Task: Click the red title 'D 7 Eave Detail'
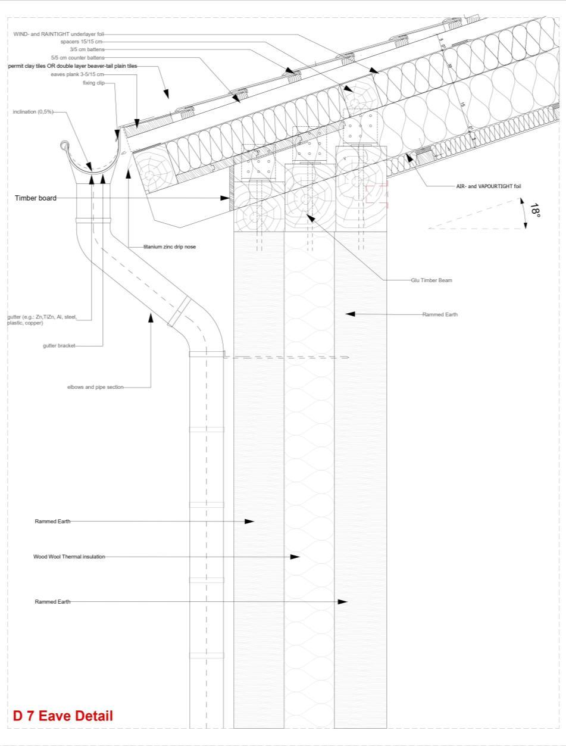tap(62, 716)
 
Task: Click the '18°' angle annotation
tap(535, 211)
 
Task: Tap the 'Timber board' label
tap(36, 198)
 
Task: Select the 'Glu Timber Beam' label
tap(431, 280)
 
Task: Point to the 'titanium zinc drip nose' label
tap(170, 247)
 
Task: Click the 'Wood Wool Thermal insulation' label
tap(69, 557)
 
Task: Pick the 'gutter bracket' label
tap(59, 345)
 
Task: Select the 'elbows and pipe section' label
tap(95, 387)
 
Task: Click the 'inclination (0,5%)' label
tap(33, 112)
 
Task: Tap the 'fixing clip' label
tap(93, 83)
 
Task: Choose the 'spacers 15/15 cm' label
tap(82, 42)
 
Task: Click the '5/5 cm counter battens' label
tap(78, 58)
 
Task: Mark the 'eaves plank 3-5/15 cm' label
tap(77, 74)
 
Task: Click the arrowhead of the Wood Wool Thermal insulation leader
tap(295, 557)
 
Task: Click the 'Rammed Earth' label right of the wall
tap(440, 314)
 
